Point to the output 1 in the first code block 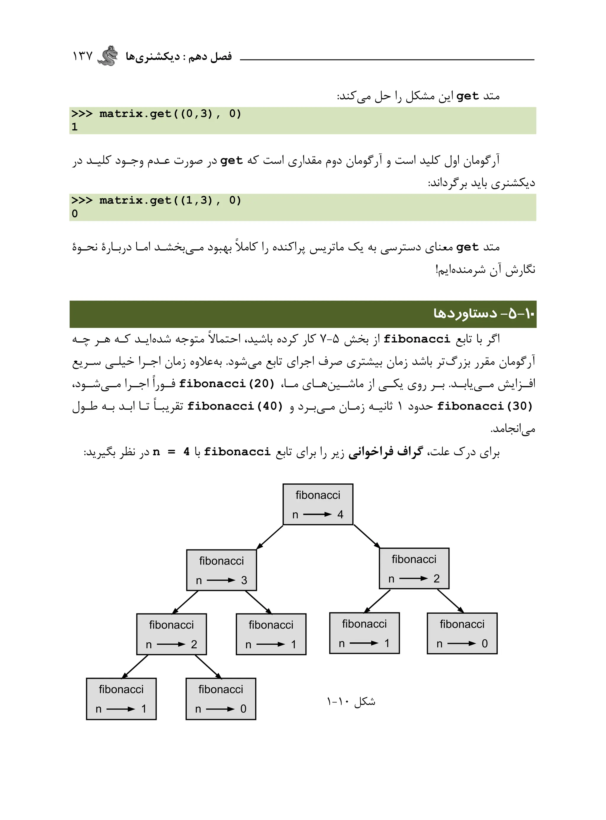(75, 127)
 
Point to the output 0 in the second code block (75, 213)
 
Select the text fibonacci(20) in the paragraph (227, 384)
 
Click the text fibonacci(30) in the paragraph (485, 406)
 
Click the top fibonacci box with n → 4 (318, 504)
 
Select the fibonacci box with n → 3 (222, 570)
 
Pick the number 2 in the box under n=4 (436, 578)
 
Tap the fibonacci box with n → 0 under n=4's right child (462, 633)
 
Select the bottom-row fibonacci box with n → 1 (121, 699)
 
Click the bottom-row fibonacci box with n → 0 (221, 699)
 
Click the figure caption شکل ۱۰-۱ (351, 702)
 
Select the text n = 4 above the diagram (171, 452)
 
